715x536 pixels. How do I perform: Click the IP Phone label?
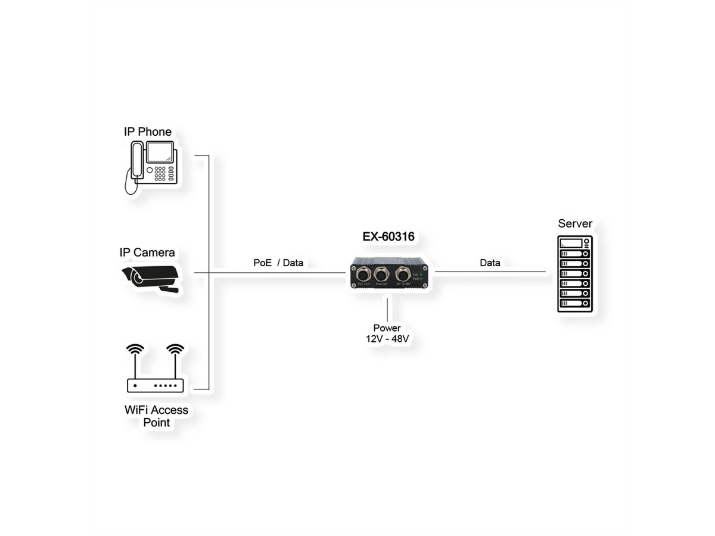point(147,132)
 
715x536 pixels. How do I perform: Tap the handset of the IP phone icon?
point(137,160)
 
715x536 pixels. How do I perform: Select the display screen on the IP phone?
point(160,152)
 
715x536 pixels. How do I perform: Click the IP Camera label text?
point(147,253)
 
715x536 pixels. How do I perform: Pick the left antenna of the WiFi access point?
point(135,358)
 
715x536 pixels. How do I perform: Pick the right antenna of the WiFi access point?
point(174,358)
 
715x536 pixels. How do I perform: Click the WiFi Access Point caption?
point(156,416)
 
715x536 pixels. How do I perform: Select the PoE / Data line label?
point(278,263)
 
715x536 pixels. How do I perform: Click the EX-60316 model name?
point(388,236)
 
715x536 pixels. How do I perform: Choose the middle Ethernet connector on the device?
point(381,275)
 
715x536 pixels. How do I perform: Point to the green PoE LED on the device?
point(421,275)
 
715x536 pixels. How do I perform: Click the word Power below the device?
point(387,328)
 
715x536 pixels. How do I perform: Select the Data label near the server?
point(490,263)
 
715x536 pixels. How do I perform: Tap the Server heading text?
point(575,224)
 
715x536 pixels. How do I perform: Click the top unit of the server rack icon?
point(575,243)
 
